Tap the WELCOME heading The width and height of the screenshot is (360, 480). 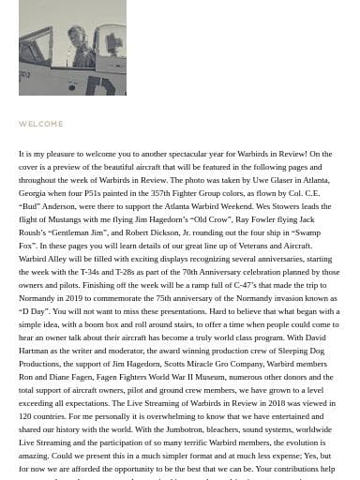tap(40, 124)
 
